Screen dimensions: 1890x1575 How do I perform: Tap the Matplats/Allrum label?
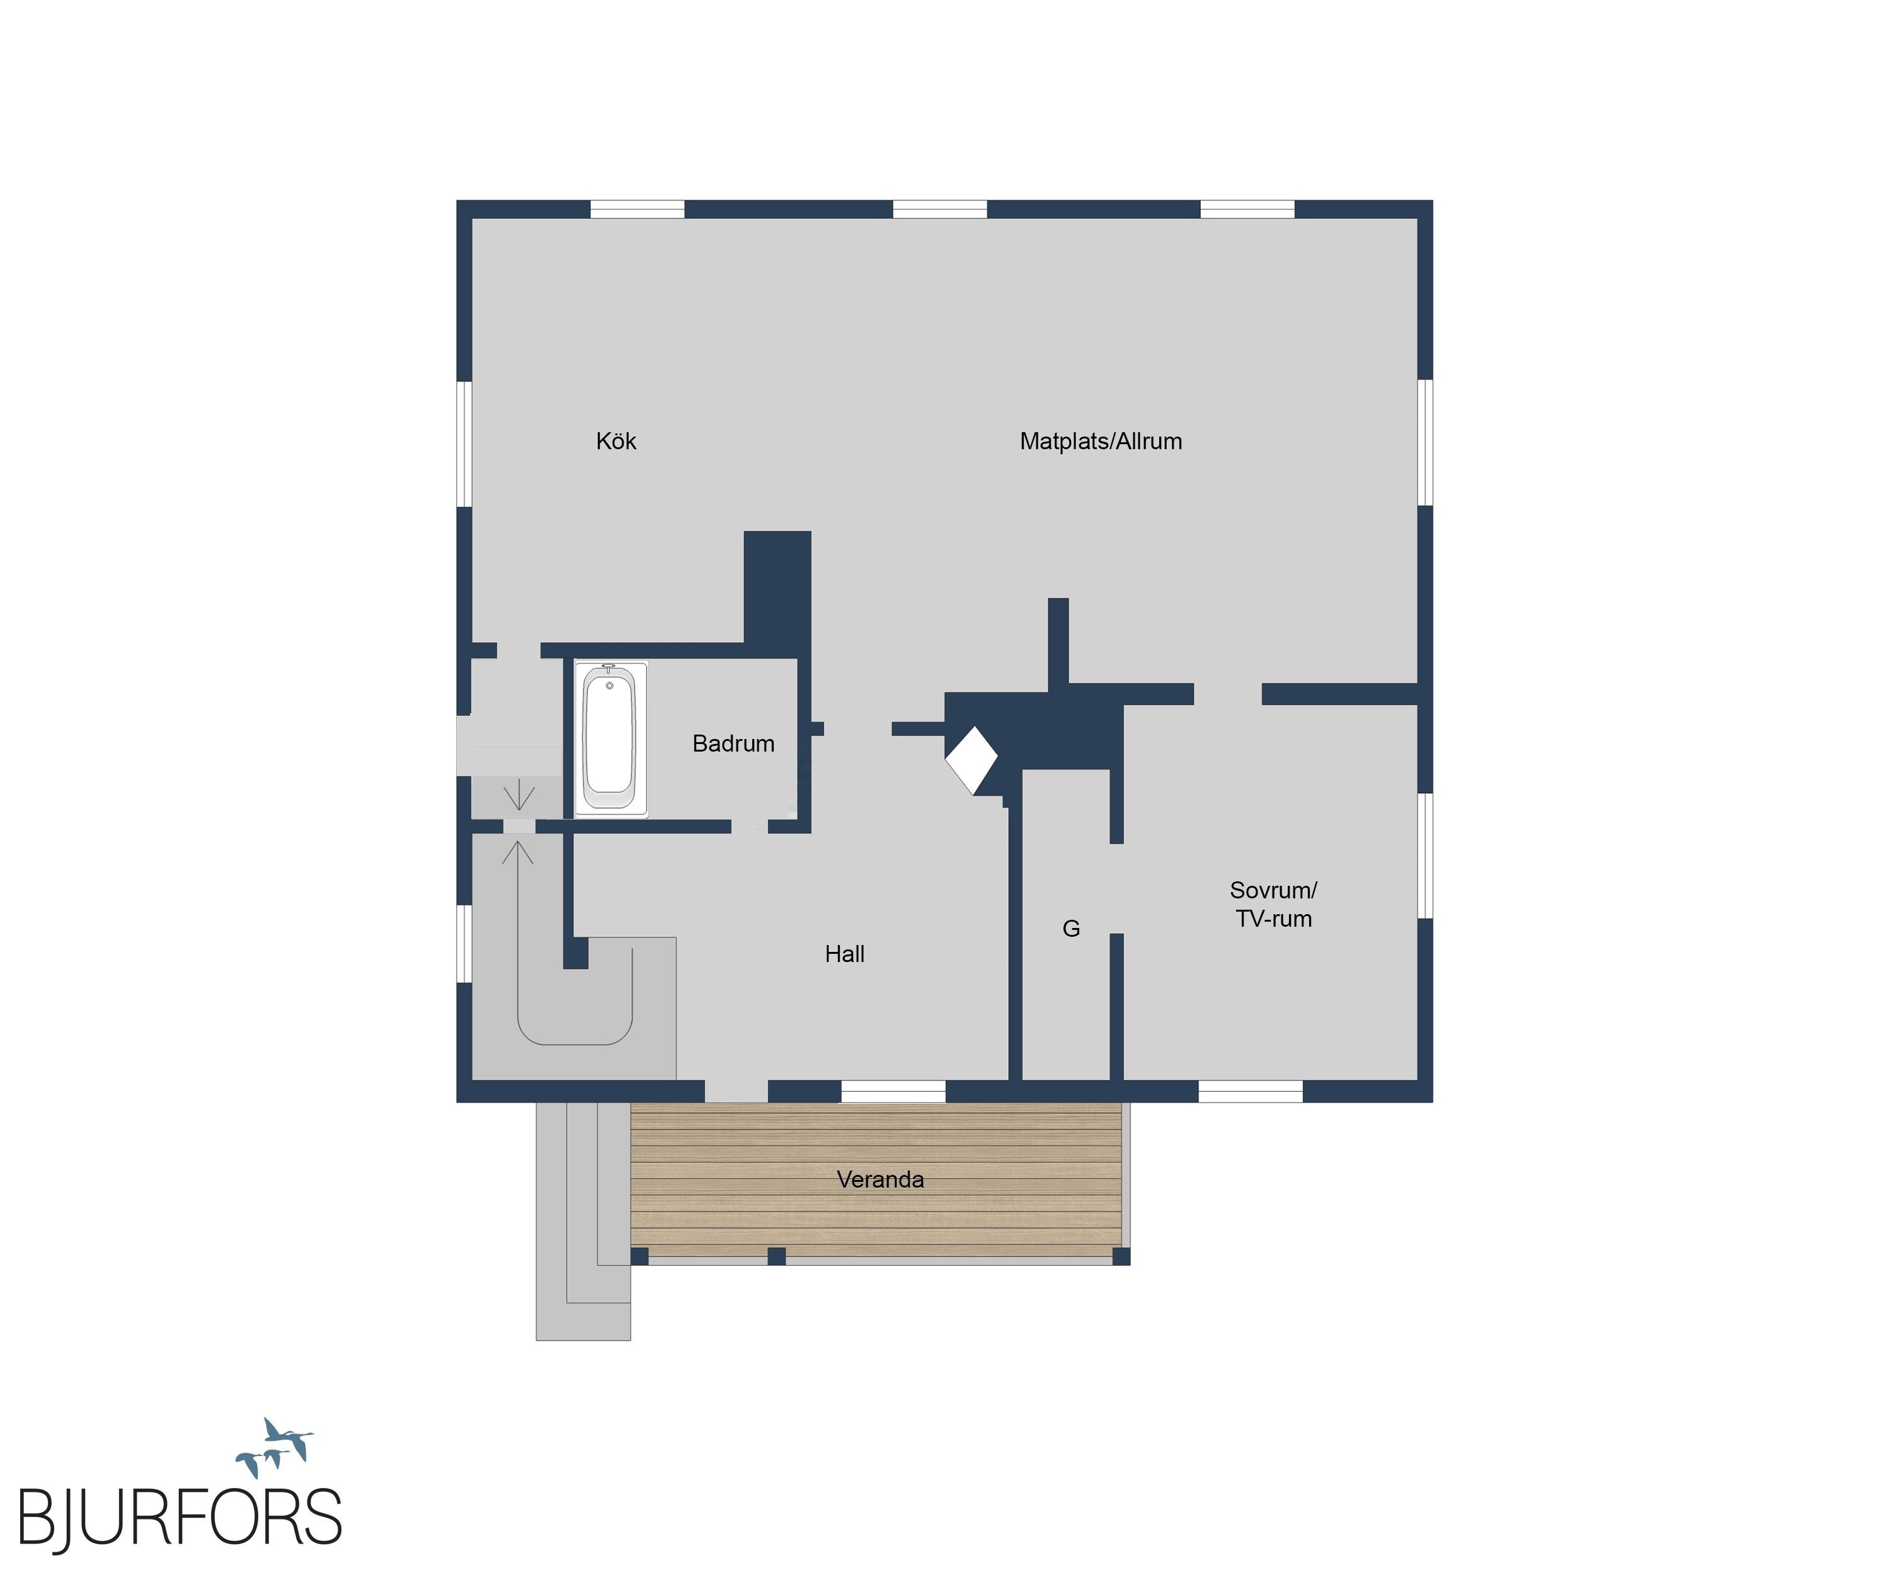pos(1101,441)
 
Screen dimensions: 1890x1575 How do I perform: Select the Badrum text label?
pos(733,743)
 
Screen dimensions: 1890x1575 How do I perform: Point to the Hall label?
pos(844,954)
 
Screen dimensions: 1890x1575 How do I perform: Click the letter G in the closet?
pos(1071,929)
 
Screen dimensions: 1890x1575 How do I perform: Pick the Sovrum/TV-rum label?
pos(1273,905)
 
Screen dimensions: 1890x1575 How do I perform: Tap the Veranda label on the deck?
pos(880,1179)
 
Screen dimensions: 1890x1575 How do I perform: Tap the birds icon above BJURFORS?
pos(275,1446)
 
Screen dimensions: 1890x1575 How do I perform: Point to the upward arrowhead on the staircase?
pos(517,851)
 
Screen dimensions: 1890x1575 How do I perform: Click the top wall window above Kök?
pos(637,209)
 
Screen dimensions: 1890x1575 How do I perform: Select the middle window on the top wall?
pos(939,209)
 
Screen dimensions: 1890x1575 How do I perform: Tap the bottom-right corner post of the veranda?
pos(1121,1256)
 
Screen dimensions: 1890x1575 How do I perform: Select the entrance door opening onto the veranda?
pos(735,1091)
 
